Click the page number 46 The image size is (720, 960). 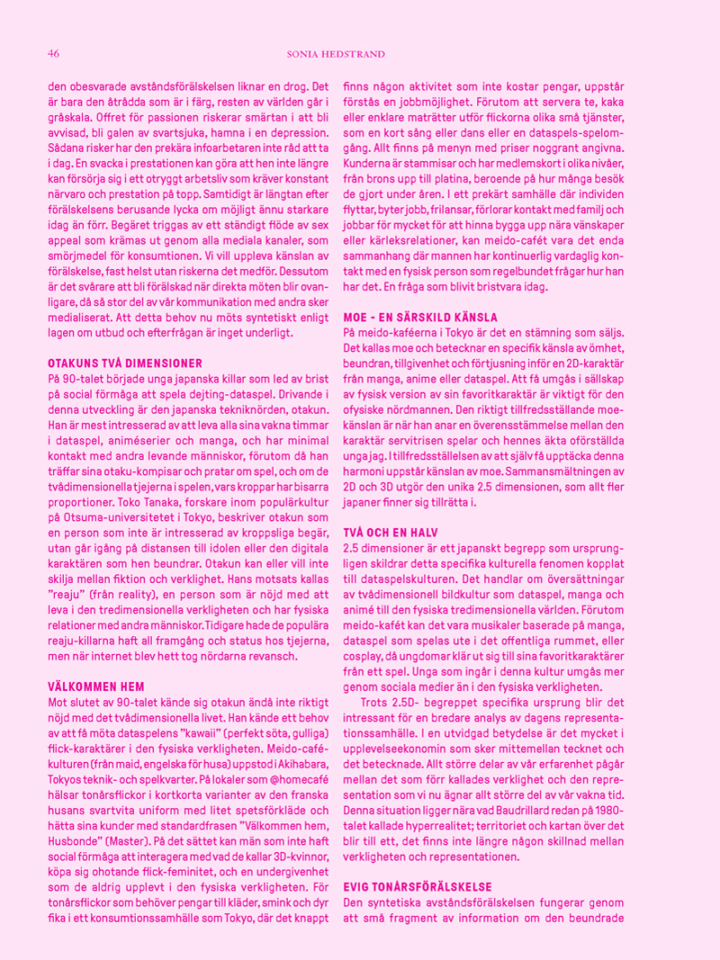53,54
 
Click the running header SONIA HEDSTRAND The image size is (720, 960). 336,55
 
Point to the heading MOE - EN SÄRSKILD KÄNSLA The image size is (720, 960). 420,317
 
